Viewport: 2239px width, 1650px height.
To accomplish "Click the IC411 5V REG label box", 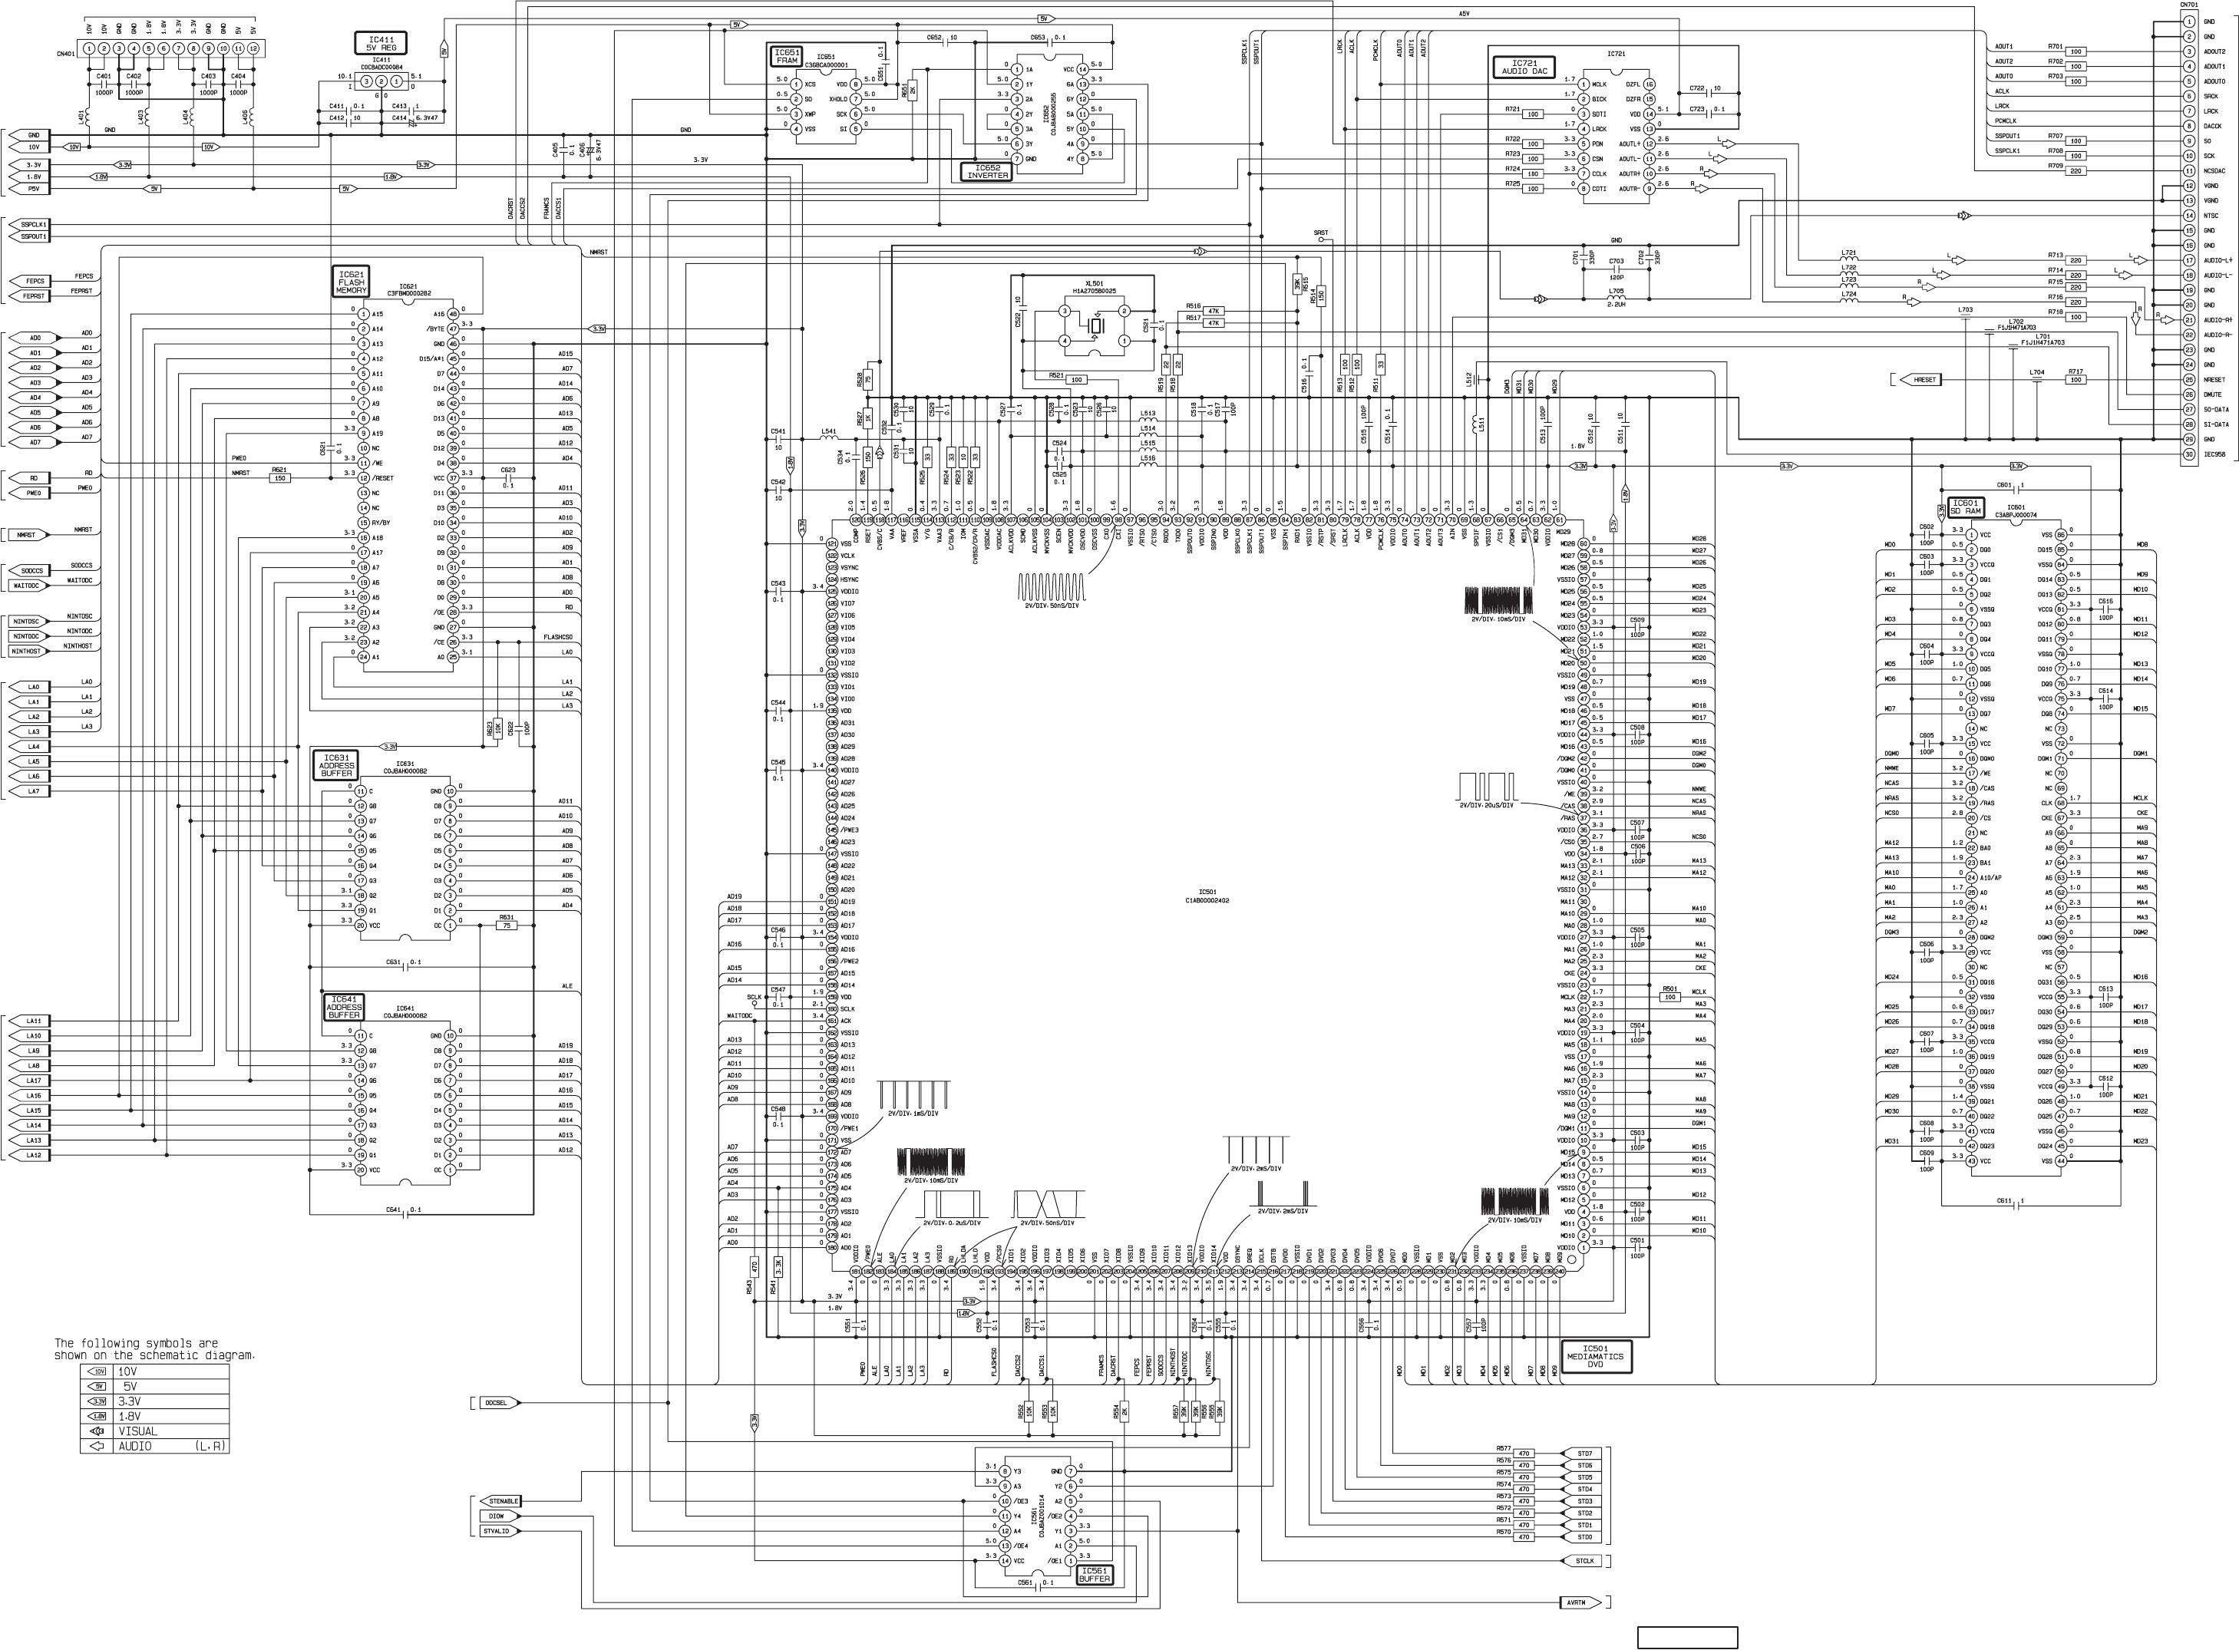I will (x=381, y=42).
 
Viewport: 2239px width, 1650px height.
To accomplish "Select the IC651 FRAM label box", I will (x=786, y=55).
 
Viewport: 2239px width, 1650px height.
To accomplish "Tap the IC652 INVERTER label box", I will (x=986, y=172).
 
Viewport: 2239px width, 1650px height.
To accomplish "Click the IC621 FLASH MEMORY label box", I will (x=351, y=282).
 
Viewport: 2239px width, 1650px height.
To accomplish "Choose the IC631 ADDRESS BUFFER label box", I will (x=336, y=765).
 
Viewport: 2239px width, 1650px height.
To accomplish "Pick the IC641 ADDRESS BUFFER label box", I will (x=344, y=1008).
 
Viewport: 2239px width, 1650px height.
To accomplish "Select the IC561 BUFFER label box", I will (x=1095, y=1575).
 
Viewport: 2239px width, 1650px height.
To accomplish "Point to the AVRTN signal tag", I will (x=1578, y=1603).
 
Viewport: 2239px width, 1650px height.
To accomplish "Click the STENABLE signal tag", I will (x=501, y=1501).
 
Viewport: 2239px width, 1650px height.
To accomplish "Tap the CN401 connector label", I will (x=66, y=54).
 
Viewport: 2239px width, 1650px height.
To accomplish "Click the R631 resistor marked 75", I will (x=507, y=926).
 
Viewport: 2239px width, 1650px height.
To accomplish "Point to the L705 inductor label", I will (x=1615, y=291).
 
